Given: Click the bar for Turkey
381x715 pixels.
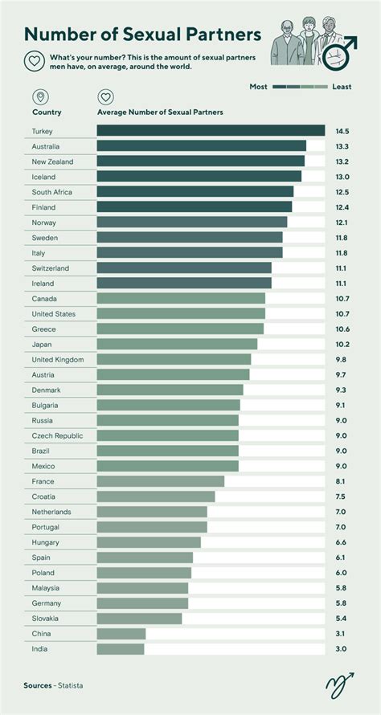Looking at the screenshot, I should (211, 130).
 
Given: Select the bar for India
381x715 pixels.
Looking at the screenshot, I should (121, 648).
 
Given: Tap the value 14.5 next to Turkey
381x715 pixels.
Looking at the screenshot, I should (342, 131).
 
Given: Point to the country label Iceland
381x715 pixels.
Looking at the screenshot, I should (43, 177).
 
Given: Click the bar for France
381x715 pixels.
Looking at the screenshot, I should (161, 481).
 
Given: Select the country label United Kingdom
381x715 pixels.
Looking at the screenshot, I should (58, 359).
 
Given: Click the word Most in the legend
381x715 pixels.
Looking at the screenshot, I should (258, 86).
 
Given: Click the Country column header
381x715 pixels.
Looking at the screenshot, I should (47, 112).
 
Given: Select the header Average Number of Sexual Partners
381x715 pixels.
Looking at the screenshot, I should (160, 112).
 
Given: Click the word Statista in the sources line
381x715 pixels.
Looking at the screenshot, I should (69, 685).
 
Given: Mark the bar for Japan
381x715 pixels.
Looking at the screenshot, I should (177, 344).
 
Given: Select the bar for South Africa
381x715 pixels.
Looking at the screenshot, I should (195, 191).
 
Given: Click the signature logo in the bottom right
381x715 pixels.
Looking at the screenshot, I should (338, 684).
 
